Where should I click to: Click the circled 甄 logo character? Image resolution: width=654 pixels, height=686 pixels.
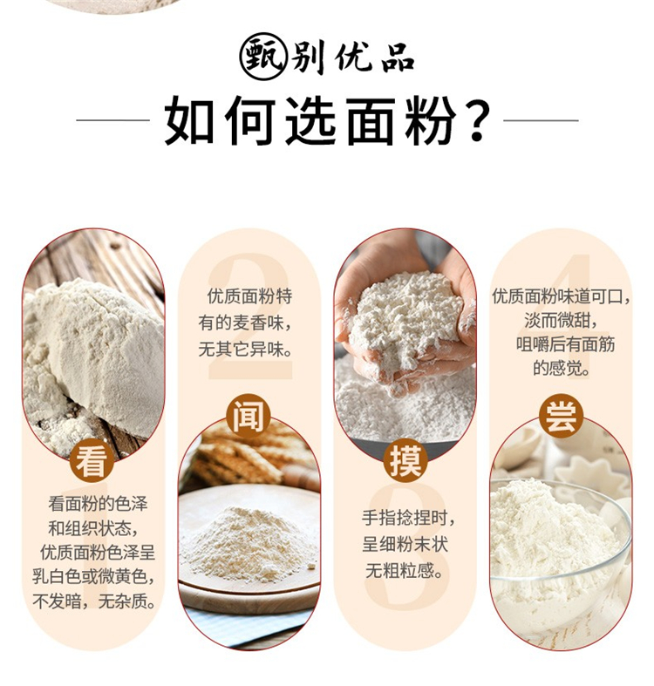263,56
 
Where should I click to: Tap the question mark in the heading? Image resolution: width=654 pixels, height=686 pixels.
476,119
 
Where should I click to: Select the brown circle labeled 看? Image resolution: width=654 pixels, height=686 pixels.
91,462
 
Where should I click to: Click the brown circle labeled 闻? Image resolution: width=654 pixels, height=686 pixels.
248,416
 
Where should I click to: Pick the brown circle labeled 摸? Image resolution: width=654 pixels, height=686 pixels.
405,461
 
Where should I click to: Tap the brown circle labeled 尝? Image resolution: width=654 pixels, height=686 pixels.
561,416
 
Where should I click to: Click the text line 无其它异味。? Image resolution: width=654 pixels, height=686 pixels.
246,350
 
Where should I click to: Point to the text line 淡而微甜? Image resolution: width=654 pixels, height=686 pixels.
562,320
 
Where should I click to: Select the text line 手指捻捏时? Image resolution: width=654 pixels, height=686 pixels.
408,518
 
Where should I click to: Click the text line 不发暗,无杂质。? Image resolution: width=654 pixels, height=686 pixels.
94,601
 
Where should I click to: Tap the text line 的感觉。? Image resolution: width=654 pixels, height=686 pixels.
562,368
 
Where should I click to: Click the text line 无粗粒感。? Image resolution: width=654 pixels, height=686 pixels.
405,570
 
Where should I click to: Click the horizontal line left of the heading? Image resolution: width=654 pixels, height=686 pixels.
113,120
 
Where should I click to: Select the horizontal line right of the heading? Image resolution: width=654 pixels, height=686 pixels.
541,120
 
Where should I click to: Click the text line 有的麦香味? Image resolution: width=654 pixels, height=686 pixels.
245,323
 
